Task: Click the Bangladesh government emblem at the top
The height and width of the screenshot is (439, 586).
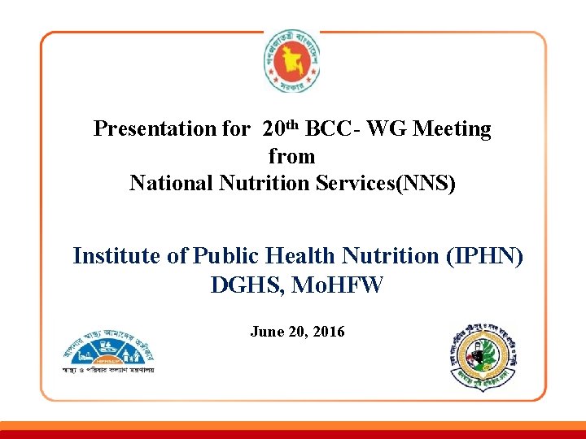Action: pos(292,63)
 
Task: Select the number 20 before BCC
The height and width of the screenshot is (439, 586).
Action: pos(273,129)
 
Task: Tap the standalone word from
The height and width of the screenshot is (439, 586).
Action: pos(291,155)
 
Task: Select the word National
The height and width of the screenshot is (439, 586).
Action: pos(171,184)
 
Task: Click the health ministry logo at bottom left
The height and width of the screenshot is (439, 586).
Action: pos(108,354)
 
